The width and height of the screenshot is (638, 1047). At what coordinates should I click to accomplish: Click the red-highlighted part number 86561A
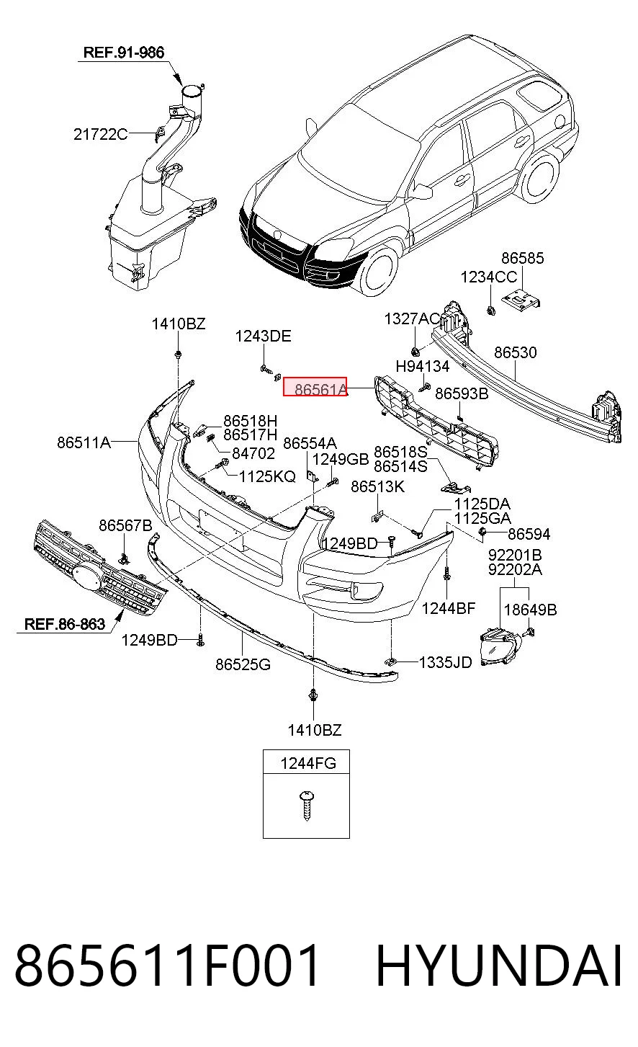coord(321,389)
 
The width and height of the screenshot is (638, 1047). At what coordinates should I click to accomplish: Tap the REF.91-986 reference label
coord(124,52)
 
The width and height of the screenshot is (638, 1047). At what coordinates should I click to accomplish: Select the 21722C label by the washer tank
coord(100,135)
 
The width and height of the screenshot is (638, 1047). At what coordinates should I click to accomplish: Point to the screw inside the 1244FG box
coord(307,806)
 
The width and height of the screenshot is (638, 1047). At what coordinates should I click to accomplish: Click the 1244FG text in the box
coord(308,763)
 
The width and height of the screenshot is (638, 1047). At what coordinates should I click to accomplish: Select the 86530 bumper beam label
coord(516,352)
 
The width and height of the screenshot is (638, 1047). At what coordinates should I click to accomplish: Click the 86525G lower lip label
coord(243,664)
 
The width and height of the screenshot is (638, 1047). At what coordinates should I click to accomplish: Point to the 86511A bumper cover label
coord(84,442)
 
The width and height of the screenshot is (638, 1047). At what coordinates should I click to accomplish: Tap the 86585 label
coord(523,258)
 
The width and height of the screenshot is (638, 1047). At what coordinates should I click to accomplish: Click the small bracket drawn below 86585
coord(521,298)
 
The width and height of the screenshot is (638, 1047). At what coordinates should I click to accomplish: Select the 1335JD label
coord(446,662)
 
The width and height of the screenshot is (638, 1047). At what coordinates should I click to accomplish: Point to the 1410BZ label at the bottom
coord(315,730)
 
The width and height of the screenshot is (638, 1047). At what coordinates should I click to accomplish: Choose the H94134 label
coord(423,366)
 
